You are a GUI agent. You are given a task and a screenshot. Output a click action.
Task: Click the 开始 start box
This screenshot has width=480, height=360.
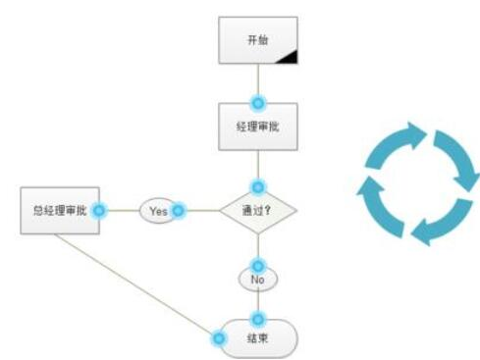(x=258, y=40)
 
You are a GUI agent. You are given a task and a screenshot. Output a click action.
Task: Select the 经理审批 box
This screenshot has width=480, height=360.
(x=258, y=128)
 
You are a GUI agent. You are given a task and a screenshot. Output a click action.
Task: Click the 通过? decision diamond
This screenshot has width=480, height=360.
(x=258, y=210)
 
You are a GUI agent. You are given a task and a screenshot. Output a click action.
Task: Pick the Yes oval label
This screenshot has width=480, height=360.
(x=158, y=210)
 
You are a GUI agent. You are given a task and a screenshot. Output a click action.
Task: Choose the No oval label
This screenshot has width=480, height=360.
(x=258, y=280)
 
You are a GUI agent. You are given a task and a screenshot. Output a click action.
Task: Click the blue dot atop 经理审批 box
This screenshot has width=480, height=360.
(x=258, y=102)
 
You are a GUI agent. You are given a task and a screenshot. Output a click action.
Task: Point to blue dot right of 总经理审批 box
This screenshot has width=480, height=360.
(x=99, y=210)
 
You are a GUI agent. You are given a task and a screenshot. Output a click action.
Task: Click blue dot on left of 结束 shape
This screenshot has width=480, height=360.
(x=220, y=337)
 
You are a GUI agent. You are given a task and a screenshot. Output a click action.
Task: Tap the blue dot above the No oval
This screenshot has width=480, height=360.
(x=258, y=265)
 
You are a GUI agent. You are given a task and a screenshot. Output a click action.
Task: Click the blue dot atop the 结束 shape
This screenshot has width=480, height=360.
(x=258, y=318)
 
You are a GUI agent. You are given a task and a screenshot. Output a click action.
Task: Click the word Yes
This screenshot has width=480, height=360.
(x=158, y=210)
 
